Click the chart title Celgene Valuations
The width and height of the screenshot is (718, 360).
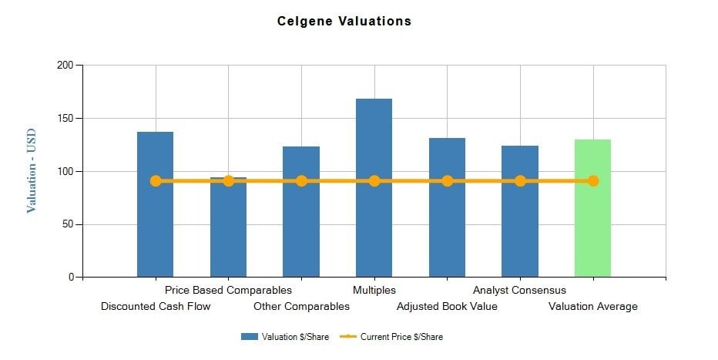point(344,22)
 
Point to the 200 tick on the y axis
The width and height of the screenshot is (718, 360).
point(65,66)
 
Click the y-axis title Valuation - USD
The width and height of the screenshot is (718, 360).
point(32,171)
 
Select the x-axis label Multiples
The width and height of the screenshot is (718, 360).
point(374,291)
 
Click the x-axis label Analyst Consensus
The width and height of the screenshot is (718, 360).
point(519,291)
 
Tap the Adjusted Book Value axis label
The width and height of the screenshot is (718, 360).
point(447,307)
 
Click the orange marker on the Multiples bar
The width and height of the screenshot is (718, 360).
point(374,181)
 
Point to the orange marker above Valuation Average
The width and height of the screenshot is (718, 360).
point(592,181)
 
